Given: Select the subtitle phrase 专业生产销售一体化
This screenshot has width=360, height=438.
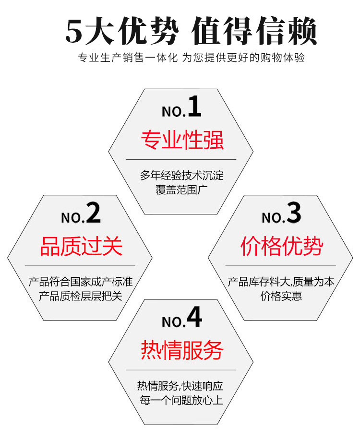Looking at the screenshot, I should tap(128, 58).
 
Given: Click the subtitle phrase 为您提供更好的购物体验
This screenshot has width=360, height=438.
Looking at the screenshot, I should tap(244, 58).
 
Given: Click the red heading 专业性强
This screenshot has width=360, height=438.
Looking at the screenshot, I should tap(182, 141).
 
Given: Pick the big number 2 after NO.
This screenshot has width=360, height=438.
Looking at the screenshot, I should tap(93, 213).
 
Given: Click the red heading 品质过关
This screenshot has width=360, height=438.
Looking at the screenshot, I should tap(81, 247).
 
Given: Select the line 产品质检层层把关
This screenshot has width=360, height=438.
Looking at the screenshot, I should tap(81, 295).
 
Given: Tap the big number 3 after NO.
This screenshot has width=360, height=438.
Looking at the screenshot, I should tap(294, 213).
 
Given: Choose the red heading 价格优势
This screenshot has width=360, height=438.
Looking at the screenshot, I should tap(281, 247).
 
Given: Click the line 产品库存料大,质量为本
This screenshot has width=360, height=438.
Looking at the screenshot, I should tap(281, 282).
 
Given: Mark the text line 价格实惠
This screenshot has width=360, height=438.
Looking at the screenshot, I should tap(281, 296).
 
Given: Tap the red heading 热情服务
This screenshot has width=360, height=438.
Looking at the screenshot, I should tap(182, 351).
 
